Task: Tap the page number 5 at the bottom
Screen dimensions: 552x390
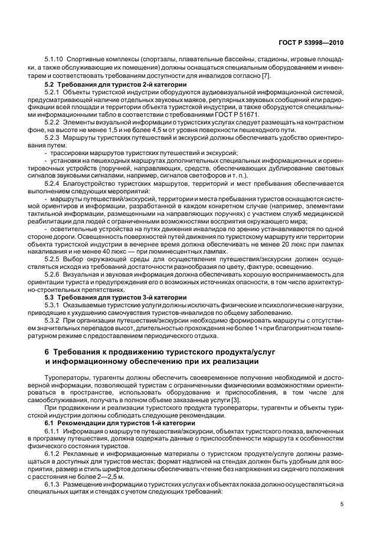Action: tap(342, 504)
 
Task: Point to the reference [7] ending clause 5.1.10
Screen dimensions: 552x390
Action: tap(250, 76)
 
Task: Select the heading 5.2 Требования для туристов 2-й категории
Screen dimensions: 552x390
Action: tap(116, 84)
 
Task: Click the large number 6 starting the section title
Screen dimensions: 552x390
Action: tap(48, 352)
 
